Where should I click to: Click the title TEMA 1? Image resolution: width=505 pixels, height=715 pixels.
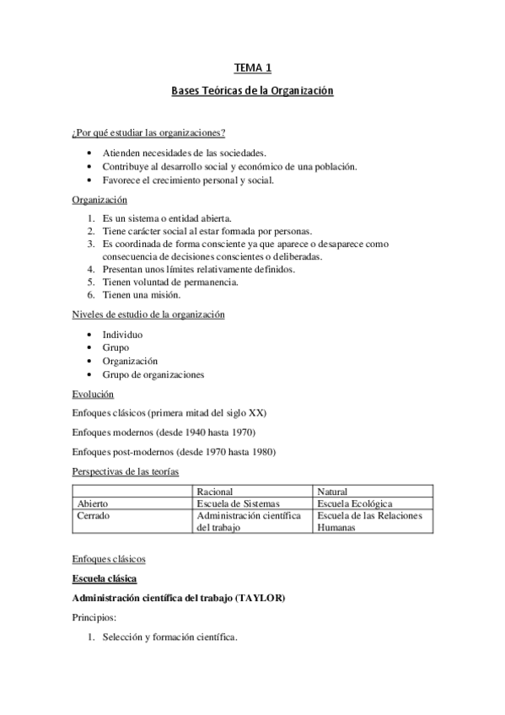tap(253, 69)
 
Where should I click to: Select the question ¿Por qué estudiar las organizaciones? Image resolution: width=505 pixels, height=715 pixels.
tap(148, 132)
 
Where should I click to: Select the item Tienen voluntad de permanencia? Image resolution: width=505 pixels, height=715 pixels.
tap(170, 282)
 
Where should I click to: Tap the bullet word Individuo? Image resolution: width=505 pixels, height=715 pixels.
tap(122, 335)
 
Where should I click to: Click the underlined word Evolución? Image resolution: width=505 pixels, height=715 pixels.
tap(93, 394)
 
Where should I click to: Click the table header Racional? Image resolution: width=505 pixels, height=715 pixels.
tap(215, 491)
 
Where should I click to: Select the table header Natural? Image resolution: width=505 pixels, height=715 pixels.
tap(333, 491)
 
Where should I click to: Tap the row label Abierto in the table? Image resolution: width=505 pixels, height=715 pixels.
tap(92, 503)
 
